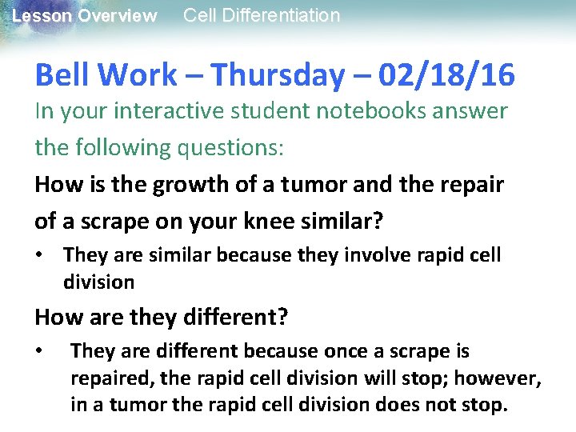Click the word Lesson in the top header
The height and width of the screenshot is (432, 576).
pyautogui.click(x=41, y=16)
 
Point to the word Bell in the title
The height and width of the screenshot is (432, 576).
pyautogui.click(x=62, y=75)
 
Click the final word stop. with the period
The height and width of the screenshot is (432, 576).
pyautogui.click(x=483, y=405)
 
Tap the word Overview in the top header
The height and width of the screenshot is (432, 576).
pyautogui.click(x=118, y=16)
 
